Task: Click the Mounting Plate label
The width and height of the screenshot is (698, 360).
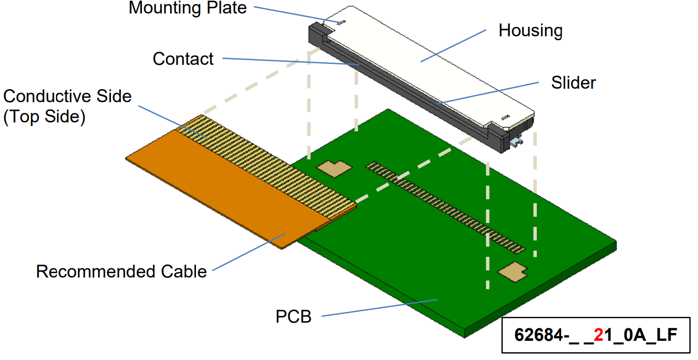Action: pos(187,8)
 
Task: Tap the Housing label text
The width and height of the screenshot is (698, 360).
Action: pos(530,31)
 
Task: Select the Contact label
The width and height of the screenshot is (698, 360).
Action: pos(183,59)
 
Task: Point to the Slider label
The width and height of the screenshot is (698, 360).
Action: pos(573,82)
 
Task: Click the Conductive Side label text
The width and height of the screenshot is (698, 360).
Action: pos(67,96)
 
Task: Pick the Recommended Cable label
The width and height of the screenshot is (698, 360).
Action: pos(121,271)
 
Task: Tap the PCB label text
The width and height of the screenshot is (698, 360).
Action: pos(294,316)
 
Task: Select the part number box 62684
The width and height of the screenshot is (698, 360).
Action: pos(595,335)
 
